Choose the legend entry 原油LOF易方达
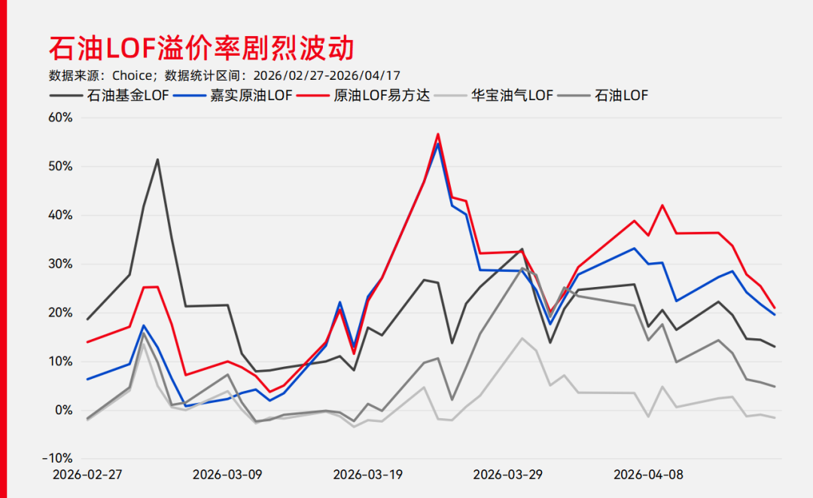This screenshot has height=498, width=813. [381, 96]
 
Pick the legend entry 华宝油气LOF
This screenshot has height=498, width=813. [512, 96]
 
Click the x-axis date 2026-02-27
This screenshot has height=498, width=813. [87, 475]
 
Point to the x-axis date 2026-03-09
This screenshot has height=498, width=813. [227, 475]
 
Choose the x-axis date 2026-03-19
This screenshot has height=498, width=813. [368, 475]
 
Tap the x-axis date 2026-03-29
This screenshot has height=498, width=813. [508, 475]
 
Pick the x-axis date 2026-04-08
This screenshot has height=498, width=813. [649, 475]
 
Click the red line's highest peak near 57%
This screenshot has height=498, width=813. [438, 134]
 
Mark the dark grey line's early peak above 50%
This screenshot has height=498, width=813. [157, 159]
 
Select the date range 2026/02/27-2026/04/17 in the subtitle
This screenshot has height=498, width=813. [326, 75]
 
